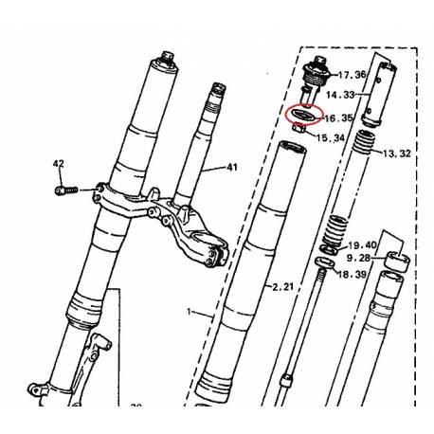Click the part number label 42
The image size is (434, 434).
[x=59, y=164]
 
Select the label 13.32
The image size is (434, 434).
[x=395, y=152]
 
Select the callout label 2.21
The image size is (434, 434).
[x=281, y=285]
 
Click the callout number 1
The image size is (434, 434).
[x=189, y=312]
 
